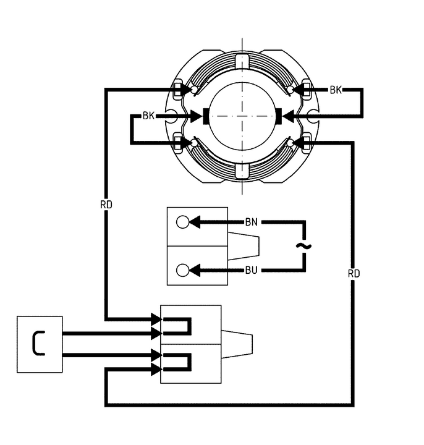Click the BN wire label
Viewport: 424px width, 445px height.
(x=252, y=222)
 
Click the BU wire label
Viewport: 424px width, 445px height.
(x=252, y=270)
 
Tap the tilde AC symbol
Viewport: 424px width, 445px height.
(x=303, y=246)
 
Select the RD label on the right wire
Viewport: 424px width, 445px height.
(x=354, y=273)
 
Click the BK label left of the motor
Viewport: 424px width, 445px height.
(x=149, y=116)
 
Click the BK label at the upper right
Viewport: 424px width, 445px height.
(x=336, y=90)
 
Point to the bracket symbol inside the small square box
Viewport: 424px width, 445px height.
(x=39, y=344)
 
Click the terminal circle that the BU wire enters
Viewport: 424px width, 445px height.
(x=183, y=270)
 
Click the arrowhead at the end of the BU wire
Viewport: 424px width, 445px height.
(x=195, y=270)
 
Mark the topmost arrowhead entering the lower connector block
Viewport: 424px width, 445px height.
(x=155, y=320)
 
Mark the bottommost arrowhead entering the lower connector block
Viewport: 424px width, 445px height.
(x=155, y=370)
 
